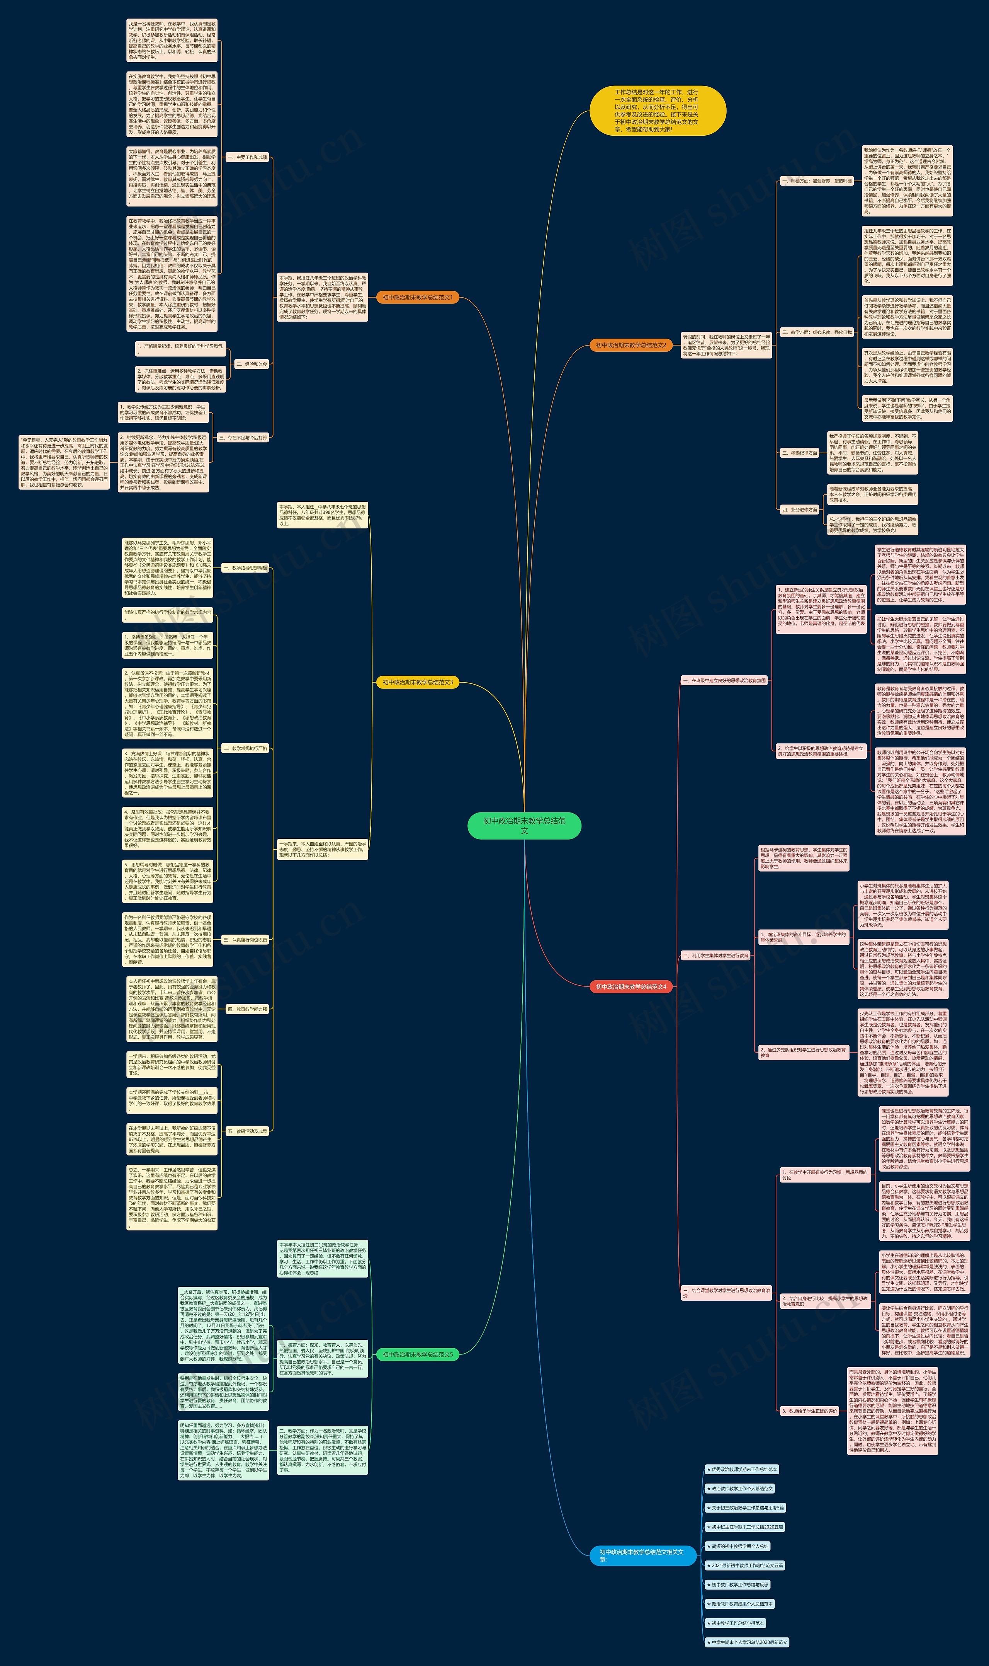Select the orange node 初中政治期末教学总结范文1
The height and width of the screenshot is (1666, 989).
click(417, 297)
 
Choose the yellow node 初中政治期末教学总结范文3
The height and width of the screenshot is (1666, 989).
click(417, 682)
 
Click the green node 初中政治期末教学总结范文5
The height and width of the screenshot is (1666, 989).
click(417, 1367)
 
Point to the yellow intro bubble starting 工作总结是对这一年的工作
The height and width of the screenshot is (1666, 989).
click(657, 111)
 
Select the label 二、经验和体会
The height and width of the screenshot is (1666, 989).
click(251, 365)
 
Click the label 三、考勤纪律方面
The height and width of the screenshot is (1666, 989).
click(799, 453)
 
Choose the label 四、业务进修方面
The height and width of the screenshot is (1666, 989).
click(799, 509)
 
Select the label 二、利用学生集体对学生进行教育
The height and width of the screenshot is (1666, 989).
click(716, 955)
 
